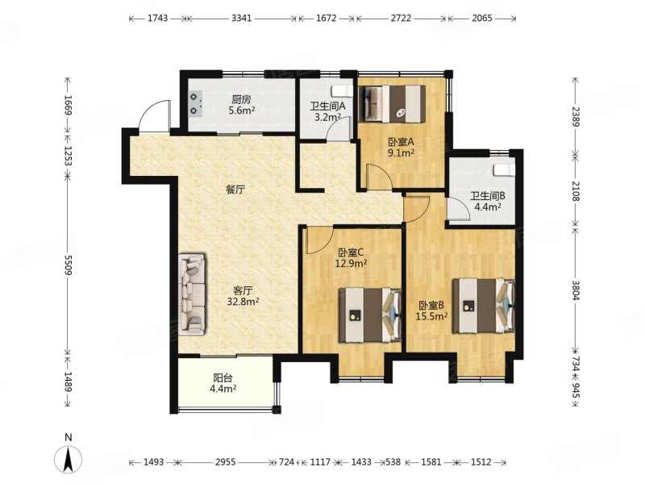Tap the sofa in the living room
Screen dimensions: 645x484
[192, 294]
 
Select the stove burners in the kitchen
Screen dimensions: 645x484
[195, 103]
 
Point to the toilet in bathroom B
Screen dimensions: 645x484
[505, 169]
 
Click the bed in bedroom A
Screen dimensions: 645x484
[392, 104]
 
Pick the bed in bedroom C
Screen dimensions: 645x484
[370, 315]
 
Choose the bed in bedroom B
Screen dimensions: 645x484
[483, 306]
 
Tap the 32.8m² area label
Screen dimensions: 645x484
[243, 302]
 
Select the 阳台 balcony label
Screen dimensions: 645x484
[223, 378]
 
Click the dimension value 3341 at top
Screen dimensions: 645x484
[241, 18]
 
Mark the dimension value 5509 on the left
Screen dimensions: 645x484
[68, 265]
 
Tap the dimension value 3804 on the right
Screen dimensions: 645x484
[576, 290]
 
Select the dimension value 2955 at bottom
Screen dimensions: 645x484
[226, 462]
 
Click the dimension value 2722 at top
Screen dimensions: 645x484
[402, 18]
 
